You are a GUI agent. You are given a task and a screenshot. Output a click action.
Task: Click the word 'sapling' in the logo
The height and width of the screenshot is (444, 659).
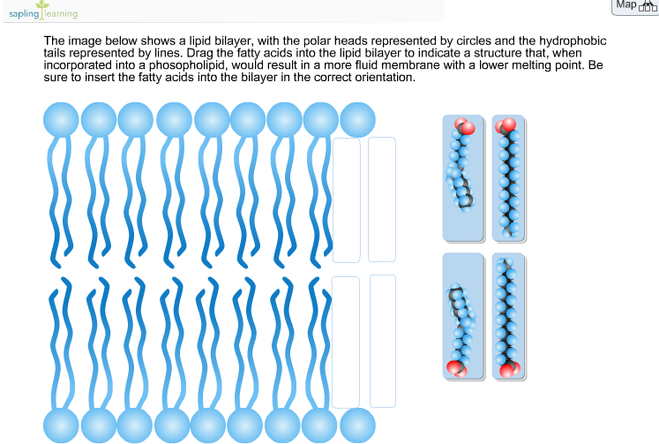coord(24,14)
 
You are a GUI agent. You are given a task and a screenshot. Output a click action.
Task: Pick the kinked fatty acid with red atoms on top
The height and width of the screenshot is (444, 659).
coord(463,178)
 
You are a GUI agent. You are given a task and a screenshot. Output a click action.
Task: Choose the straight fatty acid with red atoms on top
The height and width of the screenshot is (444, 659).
coord(508,178)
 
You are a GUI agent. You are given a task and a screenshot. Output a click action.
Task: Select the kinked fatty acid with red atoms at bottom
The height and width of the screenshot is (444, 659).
coord(463,317)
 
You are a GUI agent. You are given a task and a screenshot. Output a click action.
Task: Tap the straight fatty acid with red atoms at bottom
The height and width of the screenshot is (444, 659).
coord(508,317)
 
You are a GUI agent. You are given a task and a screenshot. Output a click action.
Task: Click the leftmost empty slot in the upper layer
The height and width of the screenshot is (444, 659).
coord(347,200)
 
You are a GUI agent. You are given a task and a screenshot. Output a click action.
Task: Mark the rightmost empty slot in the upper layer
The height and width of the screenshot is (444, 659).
coord(382,199)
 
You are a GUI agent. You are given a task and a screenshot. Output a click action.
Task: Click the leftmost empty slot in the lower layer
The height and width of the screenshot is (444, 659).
coord(346,342)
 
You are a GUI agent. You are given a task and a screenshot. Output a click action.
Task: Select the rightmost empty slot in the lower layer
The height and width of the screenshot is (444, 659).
coord(383,341)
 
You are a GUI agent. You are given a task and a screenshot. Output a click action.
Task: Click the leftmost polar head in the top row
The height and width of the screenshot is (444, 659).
coord(61,120)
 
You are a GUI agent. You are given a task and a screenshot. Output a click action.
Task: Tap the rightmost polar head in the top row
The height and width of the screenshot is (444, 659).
coord(357,120)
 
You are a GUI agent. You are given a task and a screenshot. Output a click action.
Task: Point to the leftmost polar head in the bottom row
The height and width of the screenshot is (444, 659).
coord(61,425)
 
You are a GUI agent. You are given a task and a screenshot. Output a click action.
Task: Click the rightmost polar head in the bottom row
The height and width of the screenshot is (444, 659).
coord(357,425)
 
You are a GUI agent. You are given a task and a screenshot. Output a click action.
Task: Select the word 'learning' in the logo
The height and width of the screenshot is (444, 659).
coord(62,14)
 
